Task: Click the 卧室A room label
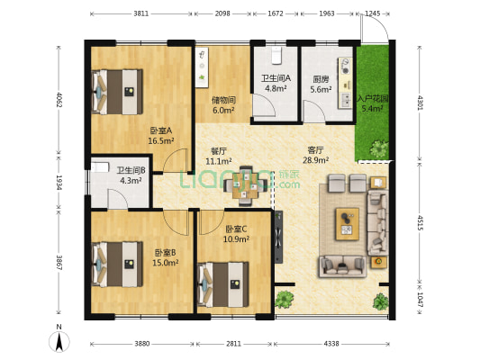pos(162,130)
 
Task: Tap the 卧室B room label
pos(164,252)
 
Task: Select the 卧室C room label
pos(236,229)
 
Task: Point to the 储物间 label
pos(223,100)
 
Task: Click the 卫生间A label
pos(275,78)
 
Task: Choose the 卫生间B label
pos(131,169)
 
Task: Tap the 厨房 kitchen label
pos(320,78)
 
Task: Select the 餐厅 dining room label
pos(218,150)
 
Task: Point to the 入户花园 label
pos(372,98)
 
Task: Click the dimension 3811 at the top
pos(140,14)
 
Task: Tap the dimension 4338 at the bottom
pos(331,344)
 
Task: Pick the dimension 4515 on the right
pos(420,222)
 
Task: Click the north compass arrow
pos(59,340)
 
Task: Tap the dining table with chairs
pos(245,183)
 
